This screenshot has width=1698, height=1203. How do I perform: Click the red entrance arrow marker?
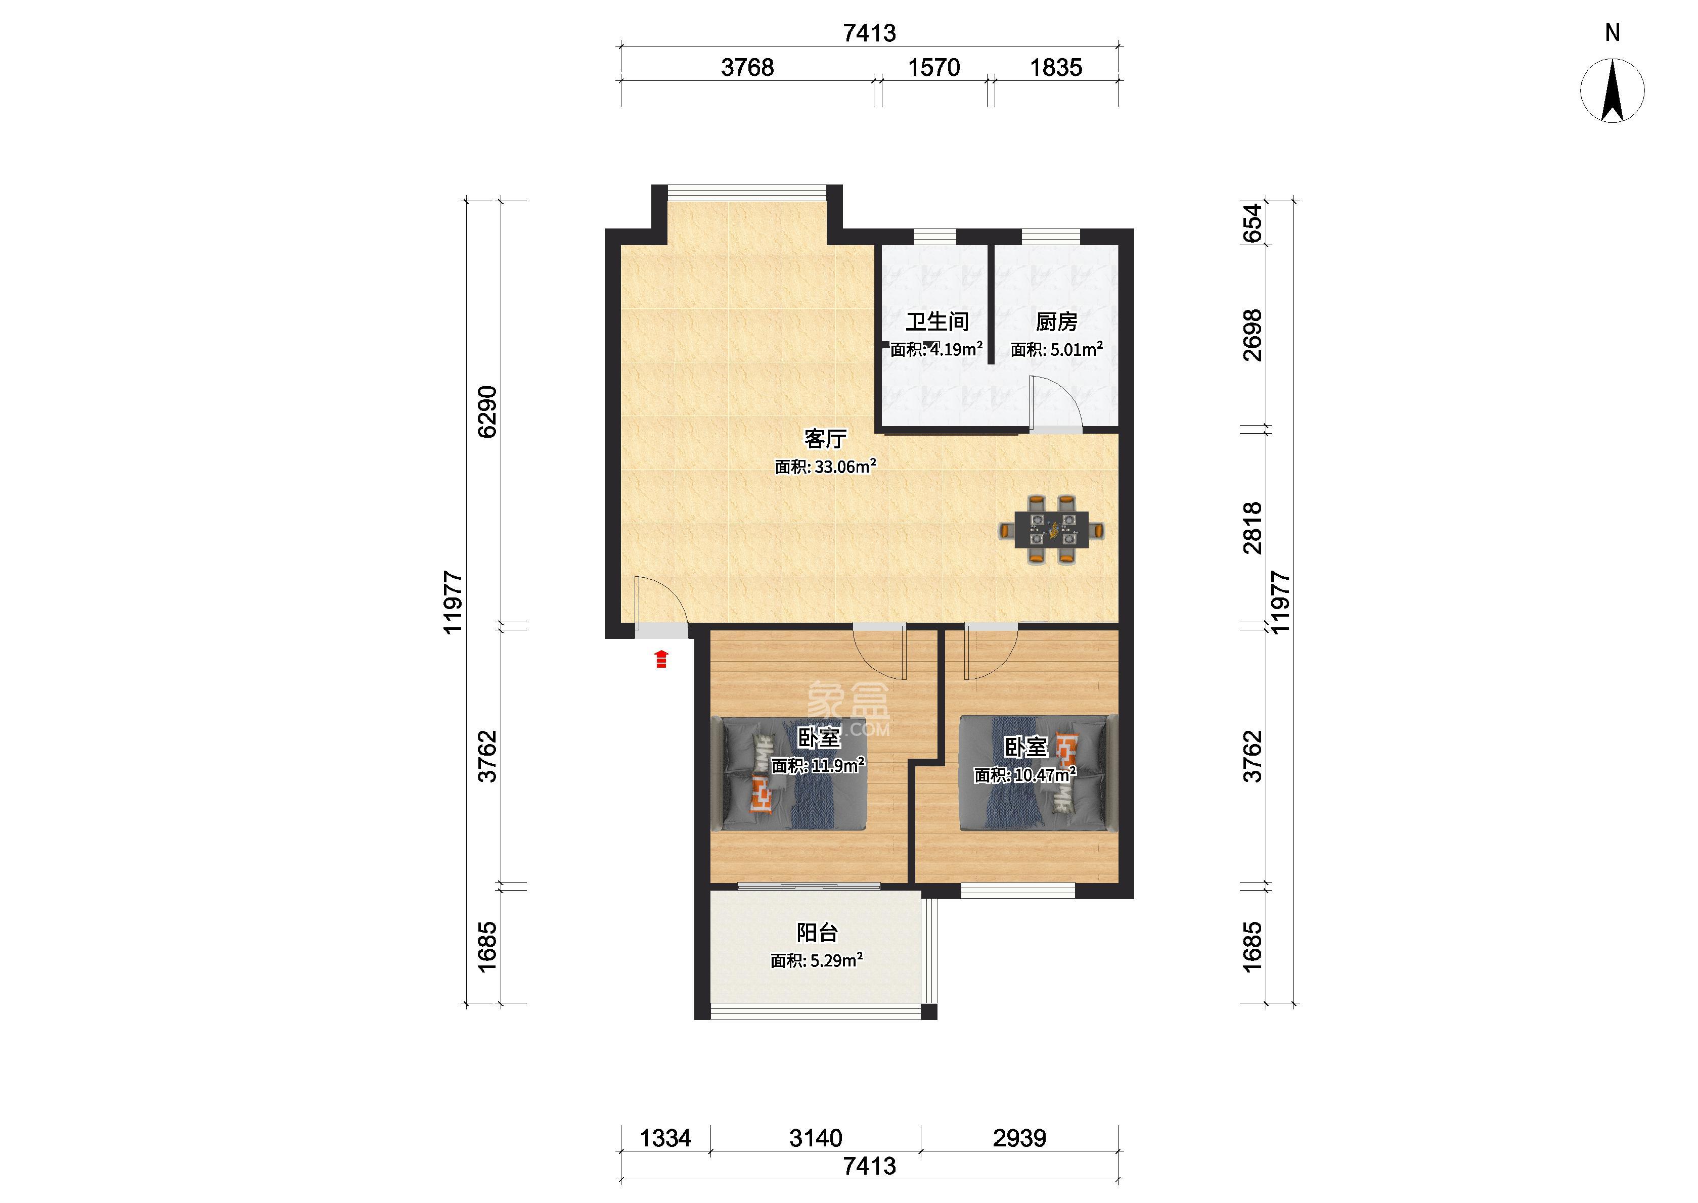pyautogui.click(x=661, y=659)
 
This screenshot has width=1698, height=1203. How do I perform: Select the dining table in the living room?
pyautogui.click(x=1051, y=530)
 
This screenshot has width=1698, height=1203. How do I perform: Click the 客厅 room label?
pyautogui.click(x=825, y=439)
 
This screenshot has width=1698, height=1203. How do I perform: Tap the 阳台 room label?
pyautogui.click(x=817, y=932)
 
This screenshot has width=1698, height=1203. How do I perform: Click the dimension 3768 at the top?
pyautogui.click(x=747, y=67)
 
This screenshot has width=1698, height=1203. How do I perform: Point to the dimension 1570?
pyautogui.click(x=934, y=67)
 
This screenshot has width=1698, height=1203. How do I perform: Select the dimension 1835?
pyautogui.click(x=1056, y=67)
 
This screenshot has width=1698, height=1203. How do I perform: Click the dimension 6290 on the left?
pyautogui.click(x=487, y=412)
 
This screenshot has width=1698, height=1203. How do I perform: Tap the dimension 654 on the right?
pyautogui.click(x=1252, y=223)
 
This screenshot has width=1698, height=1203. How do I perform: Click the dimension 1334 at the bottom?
pyautogui.click(x=665, y=1137)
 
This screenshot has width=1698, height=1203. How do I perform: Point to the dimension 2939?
pyautogui.click(x=1019, y=1137)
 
